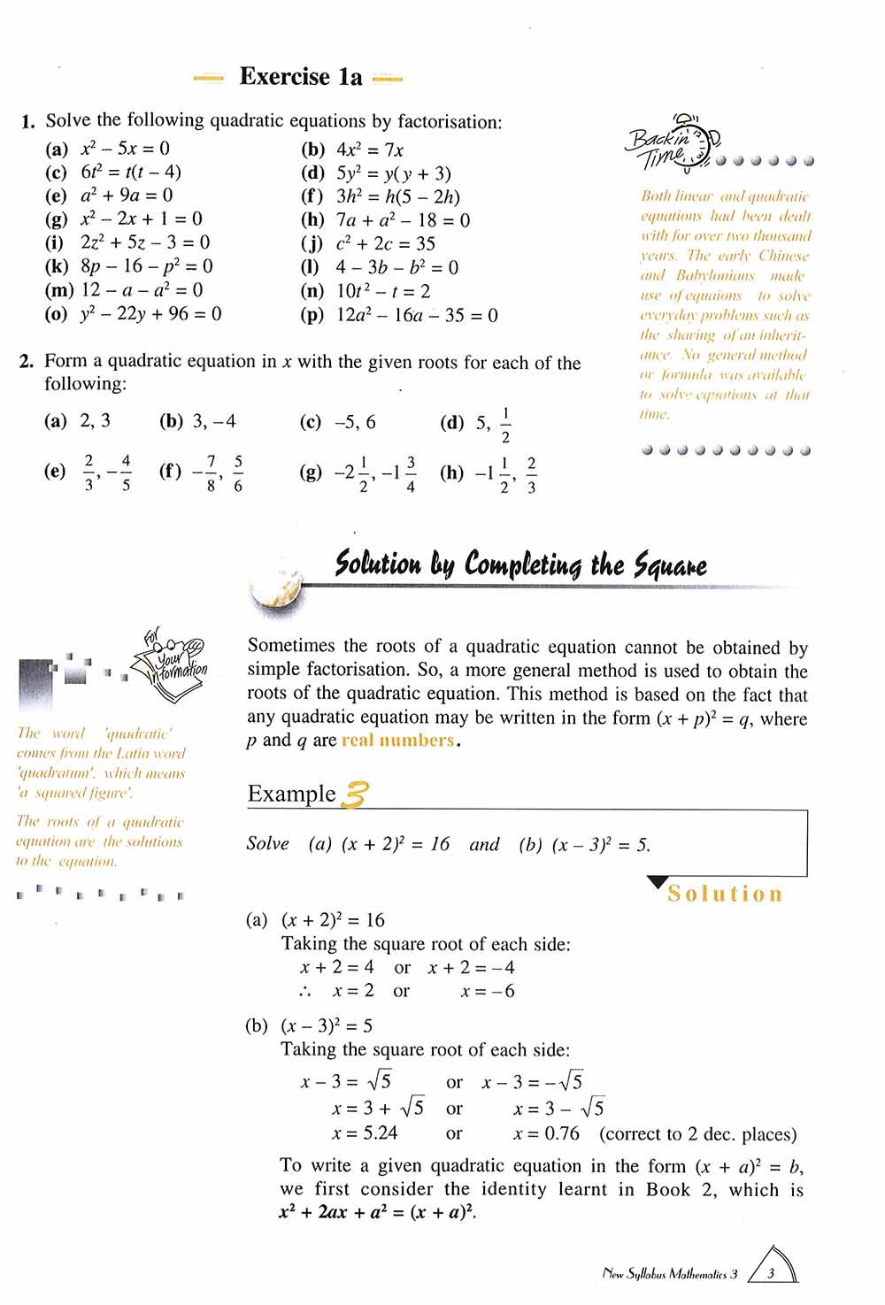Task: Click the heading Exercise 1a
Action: coord(301,77)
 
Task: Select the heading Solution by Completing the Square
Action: coord(520,564)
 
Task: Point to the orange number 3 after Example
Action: coord(353,794)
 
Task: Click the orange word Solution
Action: coord(725,894)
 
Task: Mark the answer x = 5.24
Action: coord(365,1133)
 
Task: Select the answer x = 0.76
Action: coord(546,1133)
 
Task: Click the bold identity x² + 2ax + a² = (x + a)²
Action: coord(377,1213)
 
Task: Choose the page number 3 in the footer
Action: coord(771,1275)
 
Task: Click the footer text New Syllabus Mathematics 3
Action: coord(669,1275)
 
